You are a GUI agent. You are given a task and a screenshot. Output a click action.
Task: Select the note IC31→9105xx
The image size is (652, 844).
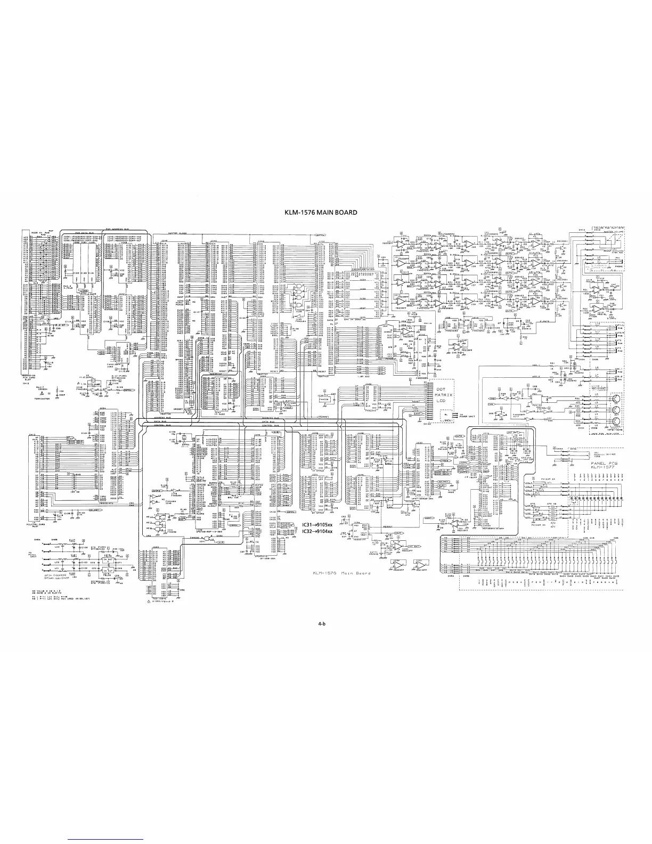pos(317,524)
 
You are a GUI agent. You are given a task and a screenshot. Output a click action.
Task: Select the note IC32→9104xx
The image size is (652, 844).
pos(317,531)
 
